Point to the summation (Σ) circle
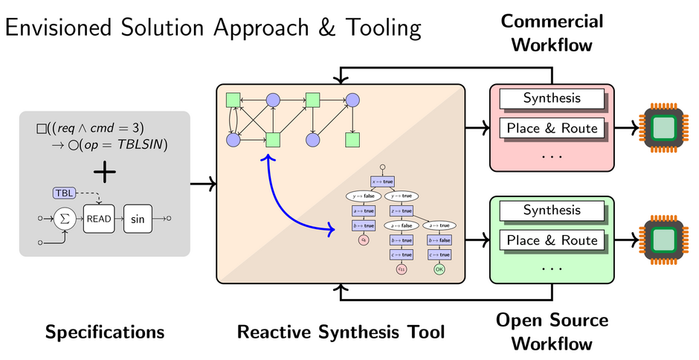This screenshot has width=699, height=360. pos(65,219)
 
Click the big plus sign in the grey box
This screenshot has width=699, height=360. pos(105,172)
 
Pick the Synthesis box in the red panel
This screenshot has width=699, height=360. pos(551,98)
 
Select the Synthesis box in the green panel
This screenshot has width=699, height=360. pos(551,210)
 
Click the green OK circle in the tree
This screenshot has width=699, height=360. pos(439,269)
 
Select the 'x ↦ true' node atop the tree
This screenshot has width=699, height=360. pos(382,181)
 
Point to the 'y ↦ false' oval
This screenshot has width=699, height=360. pos(363,196)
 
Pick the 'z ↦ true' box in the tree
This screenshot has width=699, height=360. pos(402,210)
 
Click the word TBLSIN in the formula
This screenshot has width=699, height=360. pos(141,142)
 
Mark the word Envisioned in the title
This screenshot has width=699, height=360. pos(62,28)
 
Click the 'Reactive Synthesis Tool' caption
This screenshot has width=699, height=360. pos(341,332)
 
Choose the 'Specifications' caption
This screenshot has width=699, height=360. pos(105,332)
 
